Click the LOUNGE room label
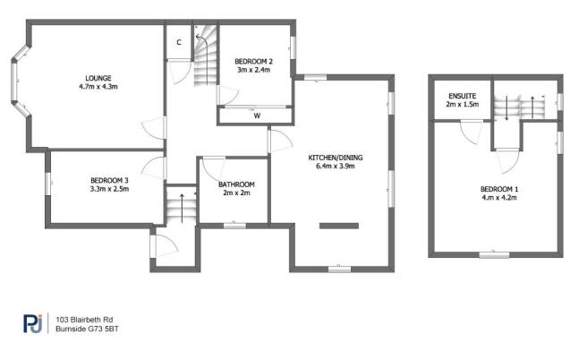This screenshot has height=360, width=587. coord(98,78)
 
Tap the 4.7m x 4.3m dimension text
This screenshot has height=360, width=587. coord(98,87)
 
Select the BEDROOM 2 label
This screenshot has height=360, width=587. coord(253,62)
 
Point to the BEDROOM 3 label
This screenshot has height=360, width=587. coord(109,181)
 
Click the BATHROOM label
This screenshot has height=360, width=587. coord(236,184)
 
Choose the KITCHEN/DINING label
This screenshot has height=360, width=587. coord(336,158)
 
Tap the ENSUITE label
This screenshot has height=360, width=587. coord(463,97)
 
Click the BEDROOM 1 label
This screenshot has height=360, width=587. coord(499,189)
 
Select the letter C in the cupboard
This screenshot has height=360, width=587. coord(179,42)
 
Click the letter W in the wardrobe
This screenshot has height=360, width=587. coord(257,116)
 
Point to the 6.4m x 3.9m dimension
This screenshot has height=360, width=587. coord(336,166)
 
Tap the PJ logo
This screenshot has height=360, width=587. coord(32,323)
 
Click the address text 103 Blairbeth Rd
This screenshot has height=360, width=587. coord(84,320)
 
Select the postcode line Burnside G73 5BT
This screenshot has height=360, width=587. coord(87,329)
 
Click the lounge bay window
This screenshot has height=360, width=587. coord(19,81)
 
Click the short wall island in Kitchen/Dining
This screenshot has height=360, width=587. coord(339,226)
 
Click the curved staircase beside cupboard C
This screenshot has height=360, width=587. coord(205,55)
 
